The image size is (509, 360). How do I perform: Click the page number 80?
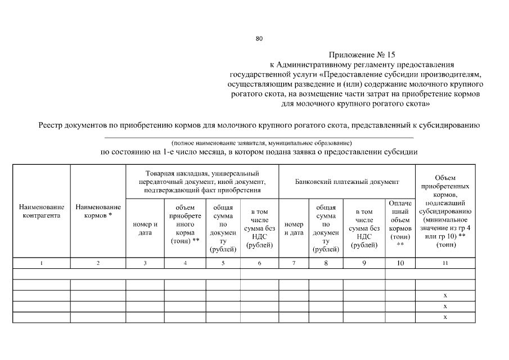point(259,39)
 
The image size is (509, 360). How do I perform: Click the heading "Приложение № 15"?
point(362,55)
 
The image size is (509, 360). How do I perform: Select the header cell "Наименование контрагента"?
point(42,211)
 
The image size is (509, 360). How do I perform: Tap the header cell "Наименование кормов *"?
point(98,211)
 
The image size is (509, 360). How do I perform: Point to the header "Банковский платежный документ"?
point(347,182)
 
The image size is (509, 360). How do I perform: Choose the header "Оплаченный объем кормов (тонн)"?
point(400,224)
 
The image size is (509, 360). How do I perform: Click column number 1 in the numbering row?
point(42,263)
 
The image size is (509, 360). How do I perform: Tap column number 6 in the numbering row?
point(259,263)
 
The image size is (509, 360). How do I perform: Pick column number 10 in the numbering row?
point(400,263)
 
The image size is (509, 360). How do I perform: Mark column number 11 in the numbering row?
point(445,263)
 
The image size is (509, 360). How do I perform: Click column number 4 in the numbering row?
point(185,263)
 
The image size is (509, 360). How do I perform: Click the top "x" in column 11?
point(445,295)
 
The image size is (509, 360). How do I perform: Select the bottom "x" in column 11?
point(445,317)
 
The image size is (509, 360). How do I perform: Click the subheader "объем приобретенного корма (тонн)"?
point(185,224)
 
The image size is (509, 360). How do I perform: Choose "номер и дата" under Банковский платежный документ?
point(294,228)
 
